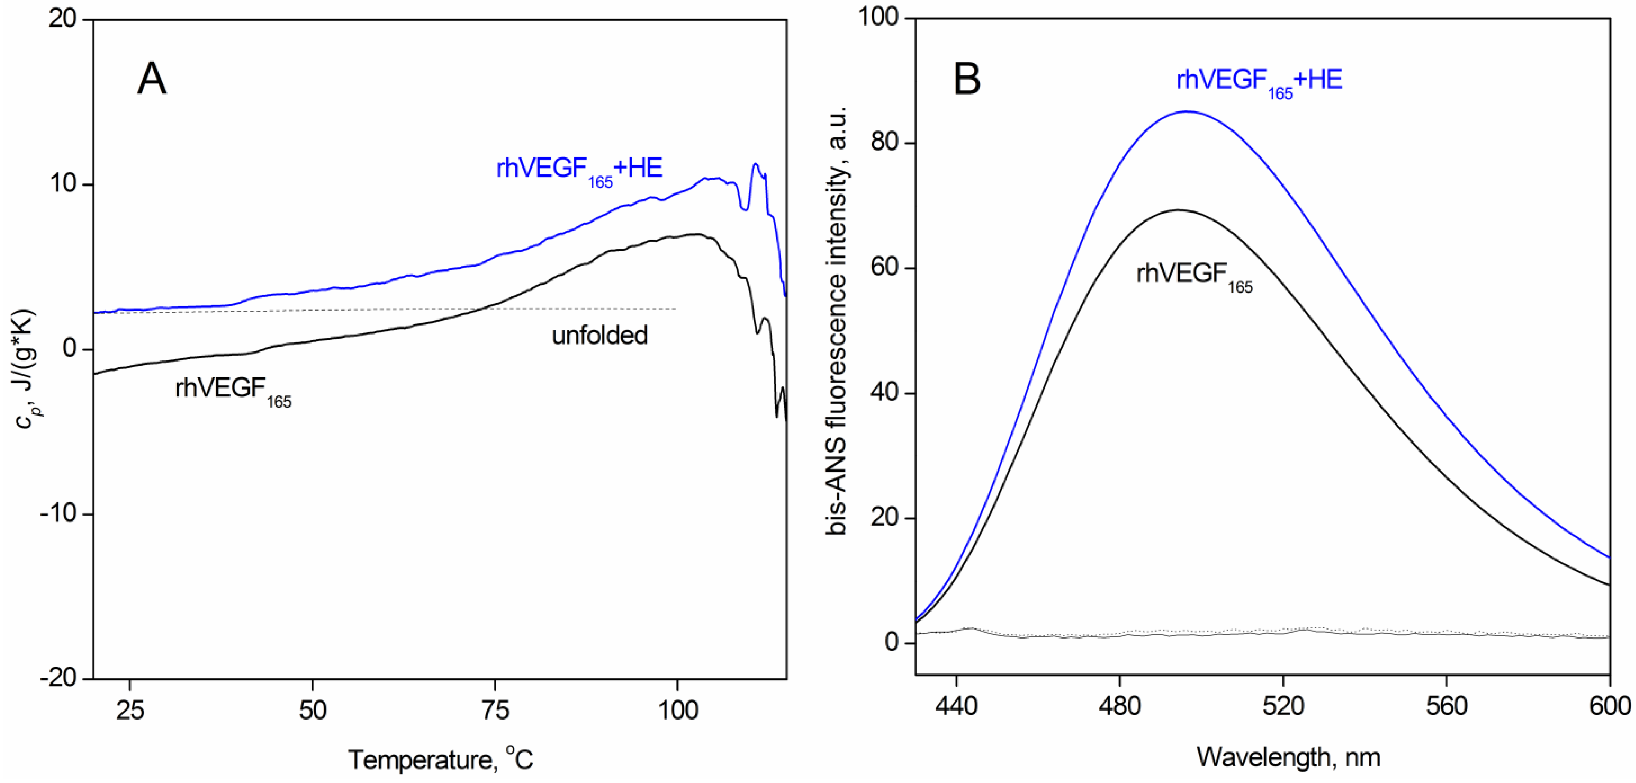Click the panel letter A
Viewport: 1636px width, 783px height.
click(x=152, y=79)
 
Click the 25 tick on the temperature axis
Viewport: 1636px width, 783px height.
click(x=130, y=710)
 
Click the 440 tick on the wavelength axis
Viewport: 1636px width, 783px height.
click(x=956, y=706)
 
